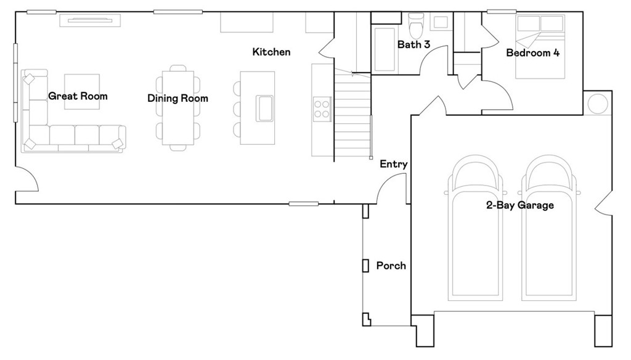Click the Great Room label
pos(78,96)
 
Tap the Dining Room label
pos(177,99)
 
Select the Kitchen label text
pos(271,52)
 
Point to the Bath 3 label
pos(413,44)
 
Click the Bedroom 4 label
pos(532,53)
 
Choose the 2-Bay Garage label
pos(519,205)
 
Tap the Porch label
pos(391,266)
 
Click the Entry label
pos(393,164)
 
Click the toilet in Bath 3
pos(417,25)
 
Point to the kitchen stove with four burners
pos(322,108)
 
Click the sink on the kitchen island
pos(265,108)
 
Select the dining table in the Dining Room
pos(177,108)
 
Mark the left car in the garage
pos(474,234)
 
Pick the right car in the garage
pos(548,234)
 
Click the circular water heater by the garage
pos(598,104)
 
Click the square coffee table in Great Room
pos(82,91)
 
